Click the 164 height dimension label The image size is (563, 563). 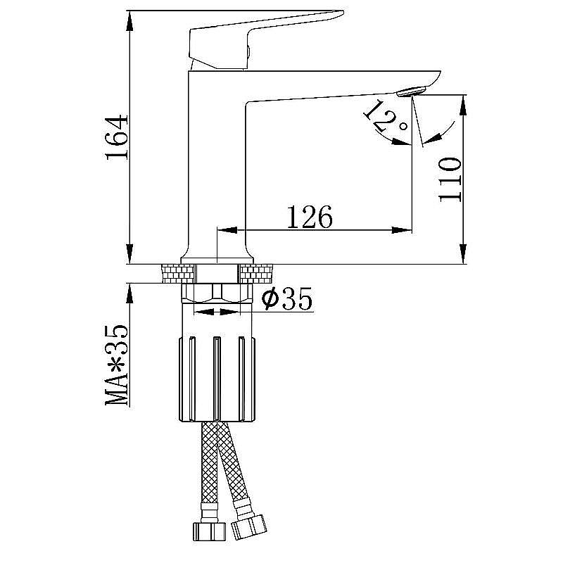(117, 137)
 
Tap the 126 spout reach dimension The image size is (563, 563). (310, 217)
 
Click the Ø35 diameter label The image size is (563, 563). (287, 299)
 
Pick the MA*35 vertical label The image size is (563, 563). (117, 365)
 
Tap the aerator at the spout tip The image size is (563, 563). (411, 91)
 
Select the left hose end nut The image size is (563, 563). (209, 531)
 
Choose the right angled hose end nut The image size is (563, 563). (249, 527)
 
